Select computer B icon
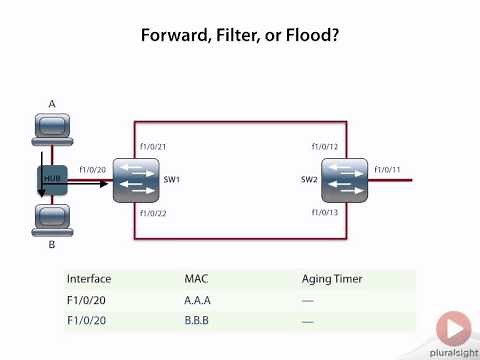[x=50, y=217]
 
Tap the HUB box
[x=52, y=180]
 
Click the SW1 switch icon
[x=134, y=180]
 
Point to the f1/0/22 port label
[x=153, y=213]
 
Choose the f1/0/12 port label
[x=324, y=148]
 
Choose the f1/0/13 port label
[x=324, y=213]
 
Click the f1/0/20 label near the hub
[x=92, y=170]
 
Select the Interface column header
[x=89, y=279]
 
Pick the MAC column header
[x=196, y=279]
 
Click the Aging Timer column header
[x=332, y=279]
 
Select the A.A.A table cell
[x=197, y=300]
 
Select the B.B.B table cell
[x=197, y=321]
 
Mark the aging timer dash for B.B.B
[x=308, y=321]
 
